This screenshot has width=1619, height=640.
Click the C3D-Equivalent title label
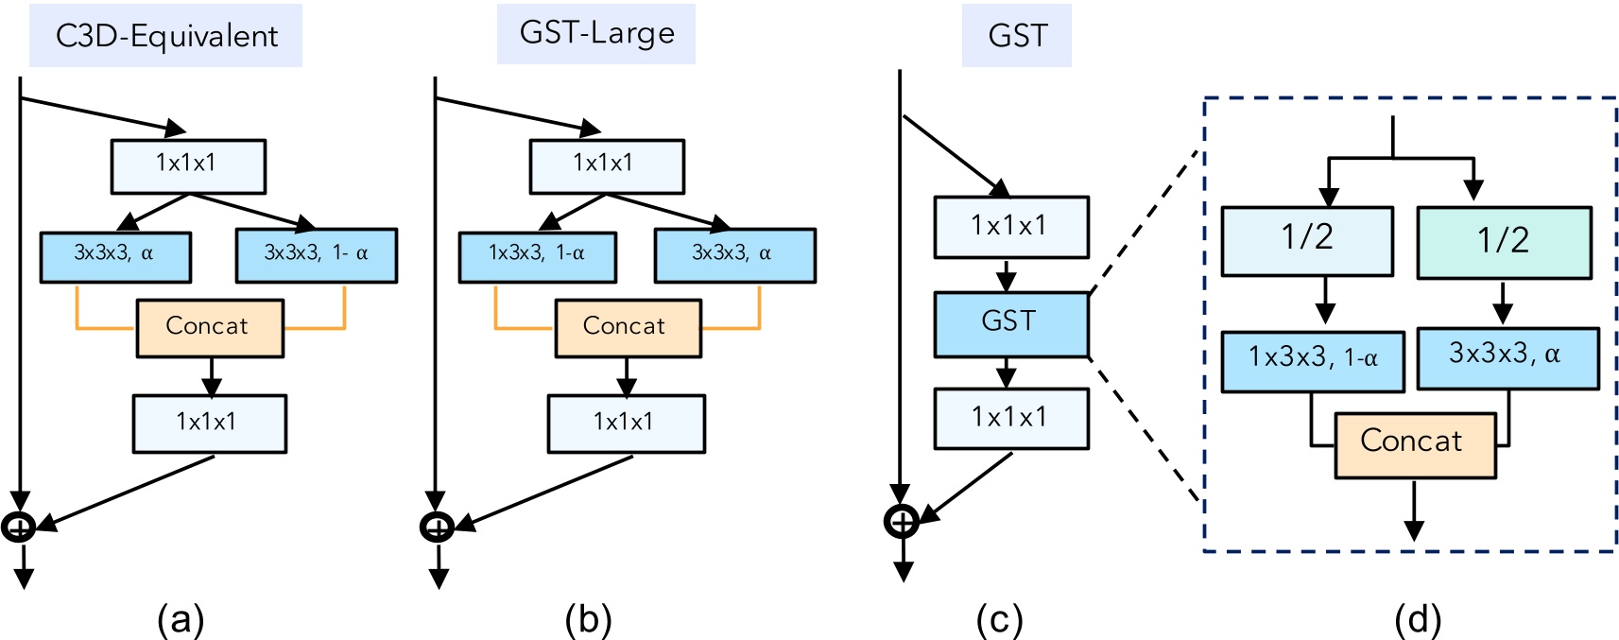pos(166,36)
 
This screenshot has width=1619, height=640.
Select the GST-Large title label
pos(596,33)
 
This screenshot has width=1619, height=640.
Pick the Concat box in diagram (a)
pos(209,328)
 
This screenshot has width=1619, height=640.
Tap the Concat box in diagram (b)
pos(628,328)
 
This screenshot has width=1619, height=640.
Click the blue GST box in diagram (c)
pos(1010,323)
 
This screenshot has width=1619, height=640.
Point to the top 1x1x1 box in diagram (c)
pos(1010,227)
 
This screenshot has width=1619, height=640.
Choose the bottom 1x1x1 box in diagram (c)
pos(1010,417)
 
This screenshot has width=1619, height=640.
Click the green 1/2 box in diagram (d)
pos(1503,242)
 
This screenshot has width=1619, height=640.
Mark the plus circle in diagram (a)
pos(19,527)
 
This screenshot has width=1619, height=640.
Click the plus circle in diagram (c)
pos(902,521)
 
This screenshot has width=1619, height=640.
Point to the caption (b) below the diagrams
pos(588,620)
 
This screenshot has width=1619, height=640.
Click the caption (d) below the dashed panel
pos(1417,620)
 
